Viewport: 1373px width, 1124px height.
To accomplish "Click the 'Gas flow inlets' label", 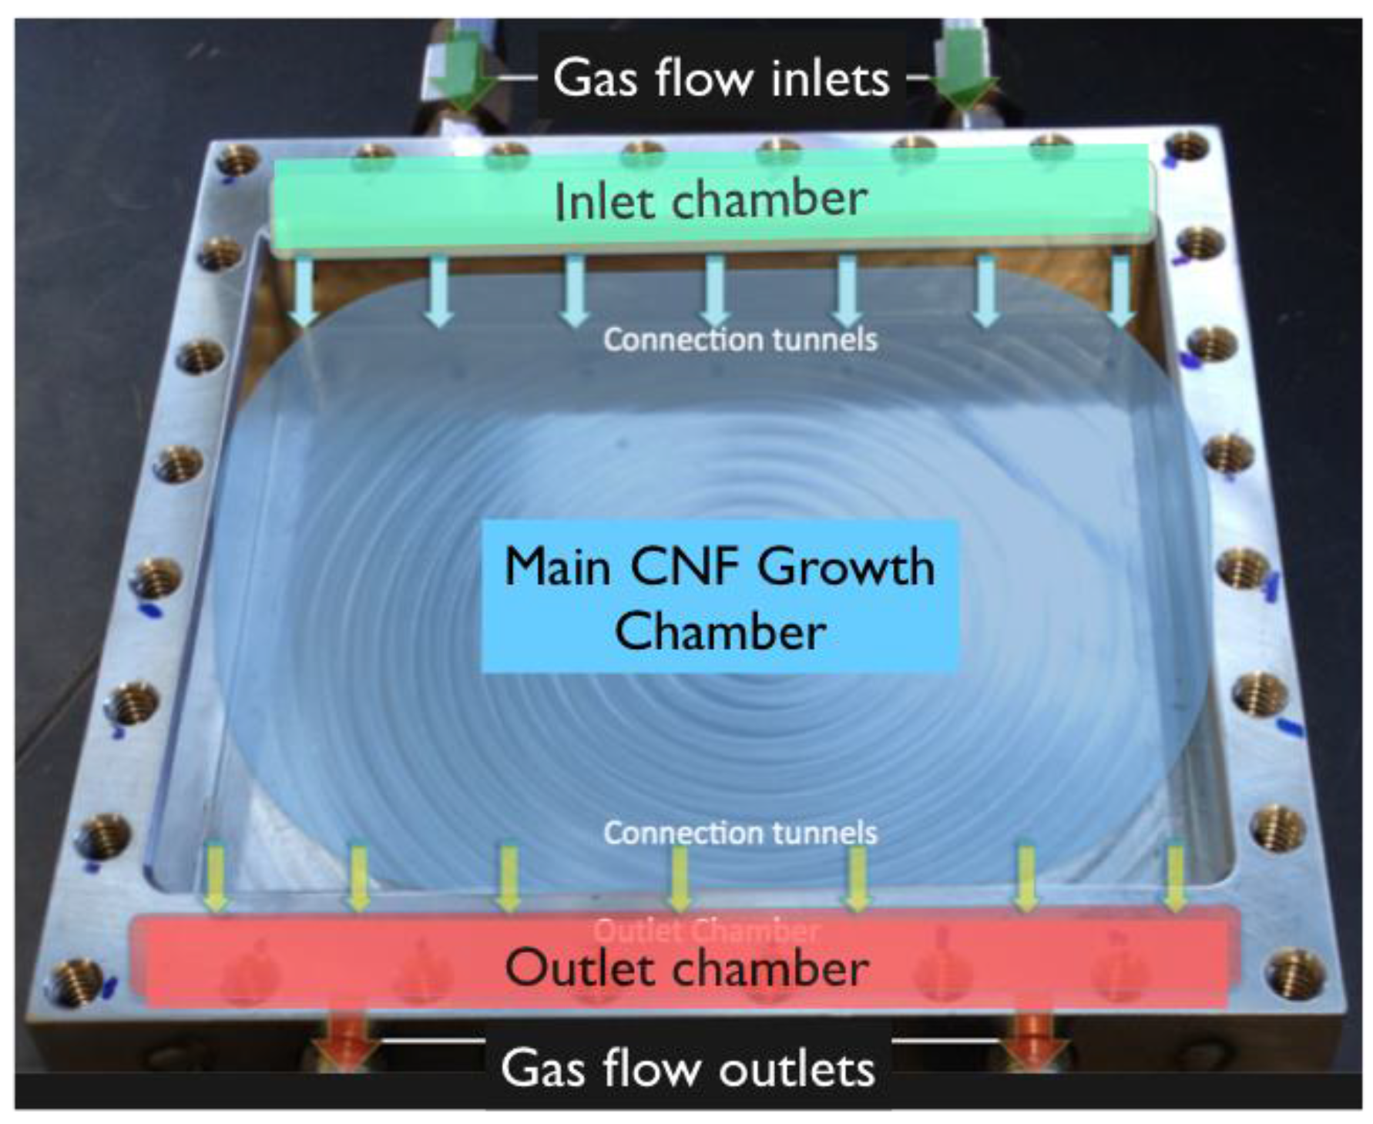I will point(720,78).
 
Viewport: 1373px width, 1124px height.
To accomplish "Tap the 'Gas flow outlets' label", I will point(687,1068).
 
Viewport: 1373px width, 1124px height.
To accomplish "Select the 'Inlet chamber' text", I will point(710,200).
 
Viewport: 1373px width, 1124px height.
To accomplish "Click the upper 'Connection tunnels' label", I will point(740,340).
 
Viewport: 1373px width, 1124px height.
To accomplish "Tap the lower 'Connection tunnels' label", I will point(740,833).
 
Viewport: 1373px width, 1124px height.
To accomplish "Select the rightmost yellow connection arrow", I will point(1174,878).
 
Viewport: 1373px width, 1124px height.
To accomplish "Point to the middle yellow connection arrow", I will point(679,878).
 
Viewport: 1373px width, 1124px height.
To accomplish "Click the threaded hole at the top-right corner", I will point(1186,146).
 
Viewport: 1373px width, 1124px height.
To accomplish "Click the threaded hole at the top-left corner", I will point(237,160).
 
